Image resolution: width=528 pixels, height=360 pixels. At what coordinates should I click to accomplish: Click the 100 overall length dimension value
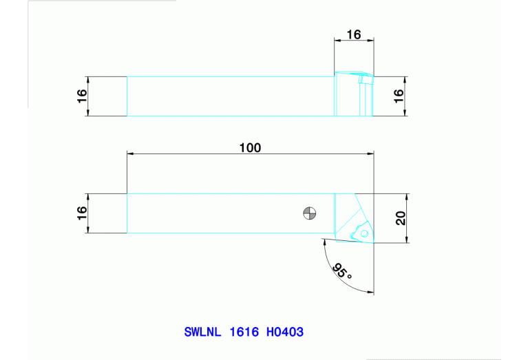tap(250, 148)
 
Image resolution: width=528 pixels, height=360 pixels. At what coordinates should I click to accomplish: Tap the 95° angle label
tap(341, 271)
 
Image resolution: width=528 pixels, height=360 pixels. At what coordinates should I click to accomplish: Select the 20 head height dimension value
tap(400, 218)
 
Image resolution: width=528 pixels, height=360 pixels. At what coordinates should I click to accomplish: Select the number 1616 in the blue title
tap(244, 332)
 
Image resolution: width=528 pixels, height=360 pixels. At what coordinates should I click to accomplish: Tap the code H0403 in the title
tap(284, 332)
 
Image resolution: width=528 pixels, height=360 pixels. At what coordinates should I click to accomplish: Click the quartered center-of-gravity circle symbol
tap(310, 213)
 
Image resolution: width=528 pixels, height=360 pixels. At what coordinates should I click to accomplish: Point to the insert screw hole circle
tap(355, 235)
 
